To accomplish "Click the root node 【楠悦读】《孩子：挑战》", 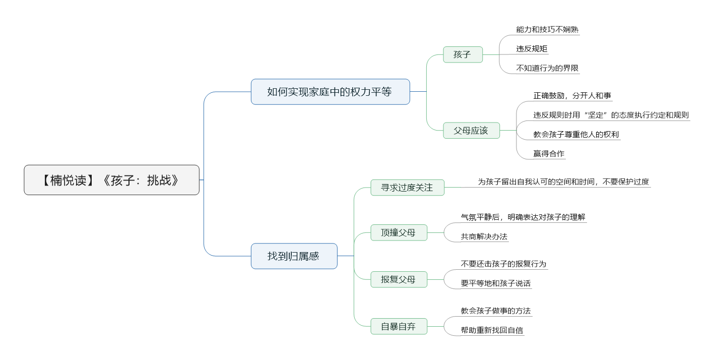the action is click(x=111, y=180).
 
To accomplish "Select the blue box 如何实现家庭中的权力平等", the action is click(x=330, y=92).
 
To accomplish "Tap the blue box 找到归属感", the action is click(x=294, y=256).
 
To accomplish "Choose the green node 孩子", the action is click(x=463, y=54).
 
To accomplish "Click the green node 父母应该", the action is click(x=471, y=131).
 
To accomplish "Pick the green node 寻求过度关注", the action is click(x=407, y=188).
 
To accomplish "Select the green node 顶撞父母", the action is click(x=399, y=232).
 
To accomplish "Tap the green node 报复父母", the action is click(x=399, y=279).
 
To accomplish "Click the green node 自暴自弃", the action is click(x=399, y=326).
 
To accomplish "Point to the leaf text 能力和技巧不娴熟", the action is click(x=547, y=30).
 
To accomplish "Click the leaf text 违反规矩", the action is click(x=532, y=49).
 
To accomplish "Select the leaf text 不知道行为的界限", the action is click(x=547, y=68).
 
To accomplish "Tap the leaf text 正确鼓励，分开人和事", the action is click(x=572, y=96).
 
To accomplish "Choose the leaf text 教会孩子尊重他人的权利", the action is click(x=576, y=134).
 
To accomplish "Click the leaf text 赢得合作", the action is click(x=549, y=154).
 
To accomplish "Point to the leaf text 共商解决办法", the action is click(x=484, y=236).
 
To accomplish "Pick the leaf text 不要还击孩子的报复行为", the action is click(x=503, y=264).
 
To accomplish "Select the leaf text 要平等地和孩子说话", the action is click(x=496, y=283).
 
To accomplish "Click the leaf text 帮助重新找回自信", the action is click(x=492, y=330).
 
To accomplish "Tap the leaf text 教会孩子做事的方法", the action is click(x=496, y=311).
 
